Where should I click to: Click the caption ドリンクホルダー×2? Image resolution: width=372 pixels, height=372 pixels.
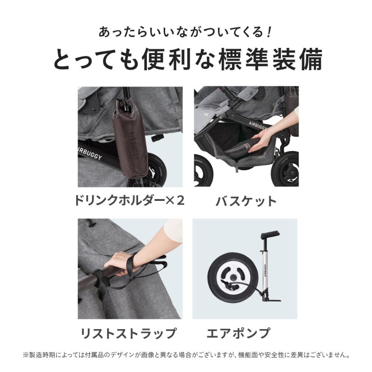[129, 200]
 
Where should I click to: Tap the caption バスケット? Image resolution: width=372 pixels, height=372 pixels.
[246, 201]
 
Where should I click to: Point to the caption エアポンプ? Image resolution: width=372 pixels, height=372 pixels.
[245, 333]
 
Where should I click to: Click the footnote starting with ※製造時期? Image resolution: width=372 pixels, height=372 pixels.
[186, 355]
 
